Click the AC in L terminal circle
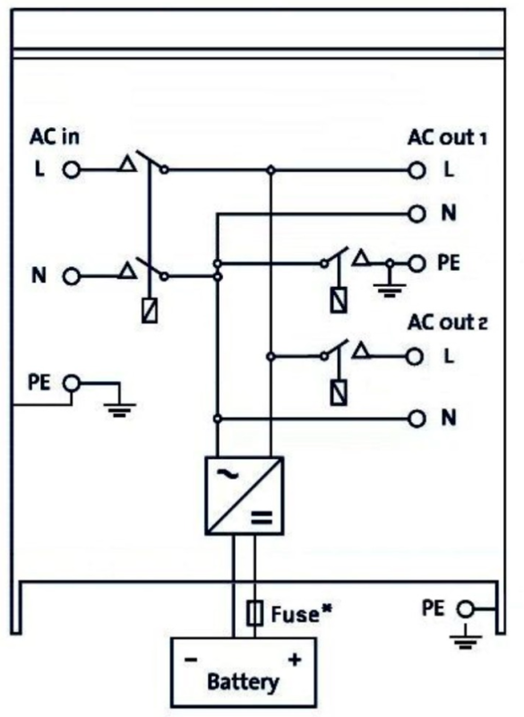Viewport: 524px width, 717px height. point(72,170)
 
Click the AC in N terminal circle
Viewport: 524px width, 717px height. point(72,277)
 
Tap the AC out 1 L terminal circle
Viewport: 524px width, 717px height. point(417,170)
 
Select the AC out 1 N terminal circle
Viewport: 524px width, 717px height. point(417,213)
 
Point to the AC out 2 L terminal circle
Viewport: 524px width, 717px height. point(415,357)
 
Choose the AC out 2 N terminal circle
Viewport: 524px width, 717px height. point(417,419)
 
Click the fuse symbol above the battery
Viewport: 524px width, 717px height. point(254,614)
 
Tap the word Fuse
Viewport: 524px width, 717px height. point(295,614)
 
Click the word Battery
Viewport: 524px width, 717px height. point(243,682)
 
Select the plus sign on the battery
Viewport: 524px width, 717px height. point(295,660)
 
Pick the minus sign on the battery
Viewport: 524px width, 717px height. point(191,660)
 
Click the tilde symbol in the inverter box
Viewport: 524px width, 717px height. point(227,474)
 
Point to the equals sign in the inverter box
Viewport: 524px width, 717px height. point(262,518)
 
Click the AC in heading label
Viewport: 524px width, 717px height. point(55,137)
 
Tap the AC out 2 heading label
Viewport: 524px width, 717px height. point(448,323)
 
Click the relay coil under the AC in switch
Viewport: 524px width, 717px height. point(150,310)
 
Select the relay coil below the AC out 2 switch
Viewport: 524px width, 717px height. point(339,393)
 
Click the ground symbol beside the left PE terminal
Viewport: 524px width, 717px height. point(119,410)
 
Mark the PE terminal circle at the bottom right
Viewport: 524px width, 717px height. point(466,609)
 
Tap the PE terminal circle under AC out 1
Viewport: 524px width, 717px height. point(417,263)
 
